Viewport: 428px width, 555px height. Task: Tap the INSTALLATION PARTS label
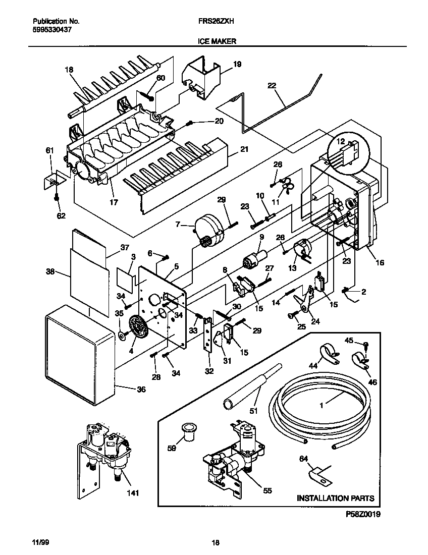(335, 498)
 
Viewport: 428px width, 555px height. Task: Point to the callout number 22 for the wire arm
(272, 86)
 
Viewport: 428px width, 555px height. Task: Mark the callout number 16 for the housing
(379, 263)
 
